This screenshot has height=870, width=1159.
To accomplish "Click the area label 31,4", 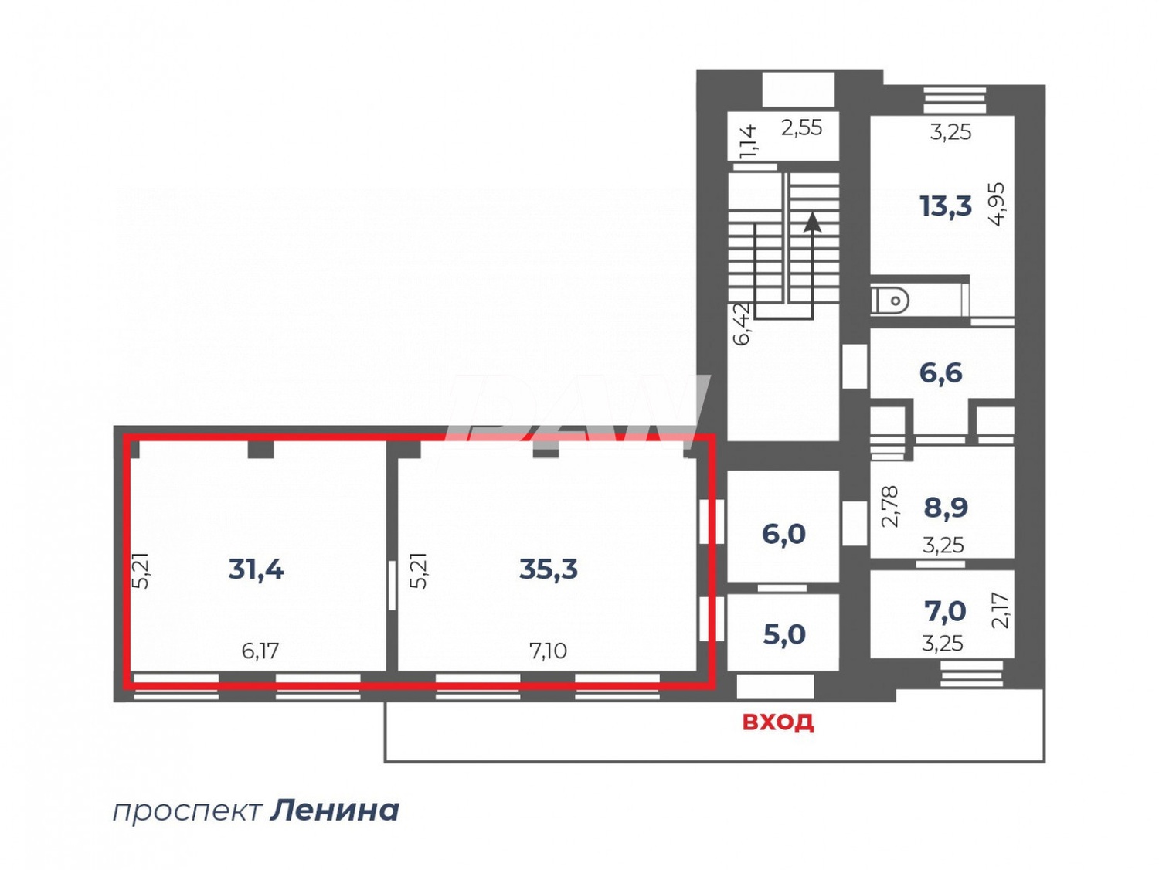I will (x=257, y=569).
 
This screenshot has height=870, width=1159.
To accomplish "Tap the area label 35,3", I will (x=549, y=569).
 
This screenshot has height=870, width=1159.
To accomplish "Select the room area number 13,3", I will (x=946, y=206).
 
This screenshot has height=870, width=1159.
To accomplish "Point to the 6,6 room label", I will (x=941, y=373).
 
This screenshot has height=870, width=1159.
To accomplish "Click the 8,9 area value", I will (x=946, y=508).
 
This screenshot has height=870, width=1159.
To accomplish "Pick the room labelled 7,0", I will (x=945, y=611).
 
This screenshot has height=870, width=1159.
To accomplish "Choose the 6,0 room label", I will (x=783, y=534).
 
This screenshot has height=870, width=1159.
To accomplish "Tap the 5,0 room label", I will (x=784, y=634).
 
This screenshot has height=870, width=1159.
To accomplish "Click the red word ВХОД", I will (x=778, y=722).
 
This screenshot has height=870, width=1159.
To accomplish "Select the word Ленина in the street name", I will (x=335, y=811).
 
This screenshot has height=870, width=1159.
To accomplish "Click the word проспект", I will (x=188, y=811).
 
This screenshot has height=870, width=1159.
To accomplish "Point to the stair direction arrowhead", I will (x=812, y=223).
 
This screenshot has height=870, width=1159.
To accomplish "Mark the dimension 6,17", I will (x=260, y=651).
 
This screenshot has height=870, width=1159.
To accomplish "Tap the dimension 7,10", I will (x=548, y=651).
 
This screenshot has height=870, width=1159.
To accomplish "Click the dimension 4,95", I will (x=998, y=204).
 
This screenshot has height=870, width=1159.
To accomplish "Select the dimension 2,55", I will (x=801, y=127).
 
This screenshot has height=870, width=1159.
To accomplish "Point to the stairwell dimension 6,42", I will (x=741, y=323).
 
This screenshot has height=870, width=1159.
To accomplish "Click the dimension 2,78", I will (x=890, y=506).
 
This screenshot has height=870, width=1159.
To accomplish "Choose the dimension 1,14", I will (x=747, y=141).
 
